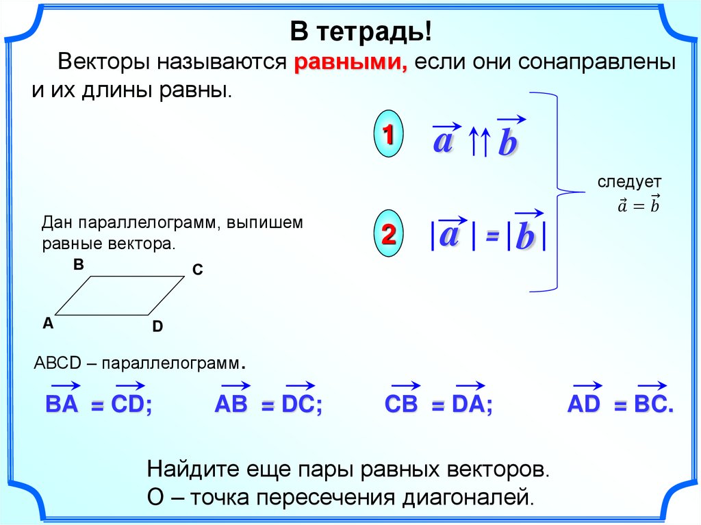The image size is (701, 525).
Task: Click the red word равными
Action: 350,62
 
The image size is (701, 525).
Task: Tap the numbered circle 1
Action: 388,133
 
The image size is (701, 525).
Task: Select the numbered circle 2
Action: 388,233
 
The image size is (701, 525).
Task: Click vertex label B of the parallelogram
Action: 79,264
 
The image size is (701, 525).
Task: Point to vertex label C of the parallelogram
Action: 198,269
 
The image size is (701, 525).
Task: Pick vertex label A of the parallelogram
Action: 48,322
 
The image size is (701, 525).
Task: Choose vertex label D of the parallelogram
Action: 157,326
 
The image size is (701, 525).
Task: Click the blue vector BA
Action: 62,398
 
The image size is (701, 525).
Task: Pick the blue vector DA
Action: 469,398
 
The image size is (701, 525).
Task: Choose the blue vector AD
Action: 585,398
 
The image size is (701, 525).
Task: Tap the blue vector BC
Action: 650,398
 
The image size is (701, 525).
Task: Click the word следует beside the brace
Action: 629,183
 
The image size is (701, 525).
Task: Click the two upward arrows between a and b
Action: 479,141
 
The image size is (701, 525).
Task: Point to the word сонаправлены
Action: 596,62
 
